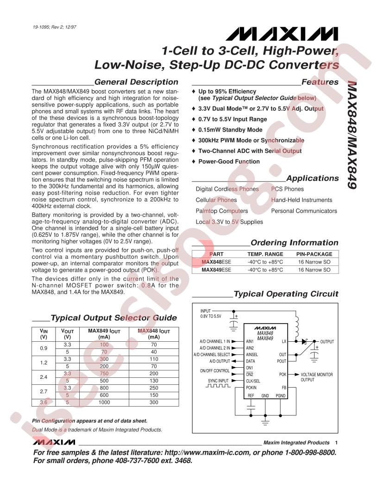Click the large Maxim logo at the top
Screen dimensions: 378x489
click(x=282, y=34)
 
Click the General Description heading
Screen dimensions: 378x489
click(x=136, y=82)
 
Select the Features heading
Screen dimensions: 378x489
click(x=320, y=82)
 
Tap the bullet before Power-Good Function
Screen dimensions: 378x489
click(x=193, y=161)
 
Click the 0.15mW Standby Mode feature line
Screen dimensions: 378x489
click(x=230, y=130)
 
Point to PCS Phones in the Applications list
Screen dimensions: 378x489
click(x=287, y=189)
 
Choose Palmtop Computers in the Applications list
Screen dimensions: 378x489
click(x=222, y=211)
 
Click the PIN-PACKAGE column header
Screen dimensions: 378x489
click(x=314, y=254)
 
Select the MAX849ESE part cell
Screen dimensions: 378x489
click(x=216, y=270)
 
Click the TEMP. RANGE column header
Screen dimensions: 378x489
click(x=265, y=254)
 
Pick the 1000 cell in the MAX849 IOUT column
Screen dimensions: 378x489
click(x=104, y=402)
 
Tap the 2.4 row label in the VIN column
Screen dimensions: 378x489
click(x=44, y=377)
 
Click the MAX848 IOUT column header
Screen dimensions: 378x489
click(x=154, y=334)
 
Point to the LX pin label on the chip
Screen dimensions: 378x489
click(x=284, y=341)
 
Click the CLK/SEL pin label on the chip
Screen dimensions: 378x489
click(x=253, y=381)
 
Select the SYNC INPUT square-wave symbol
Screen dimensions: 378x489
click(x=218, y=386)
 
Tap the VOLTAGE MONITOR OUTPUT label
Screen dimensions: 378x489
click(x=316, y=377)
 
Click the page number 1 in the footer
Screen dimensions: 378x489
click(x=336, y=443)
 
